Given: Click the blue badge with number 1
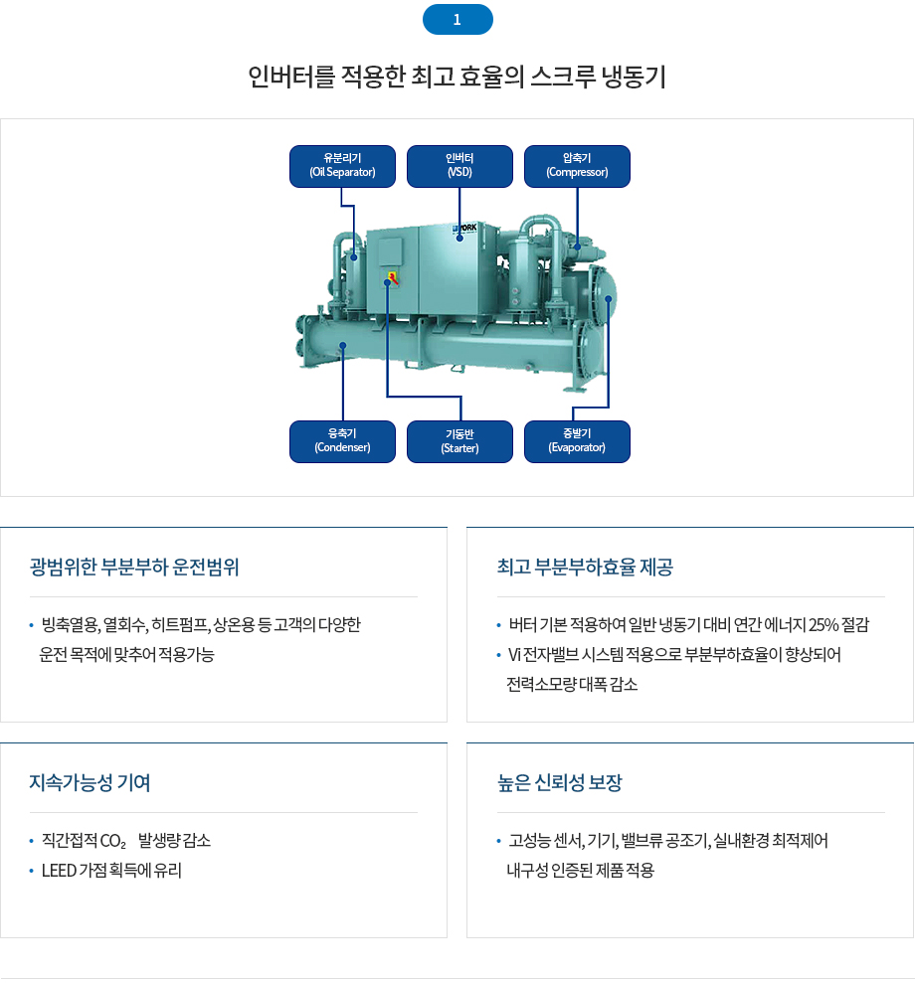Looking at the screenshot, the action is pyautogui.click(x=457, y=20).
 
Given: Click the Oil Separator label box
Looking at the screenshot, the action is pyautogui.click(x=342, y=166).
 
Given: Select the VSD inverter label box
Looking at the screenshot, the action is pyautogui.click(x=459, y=166).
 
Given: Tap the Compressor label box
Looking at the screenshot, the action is pyautogui.click(x=577, y=166).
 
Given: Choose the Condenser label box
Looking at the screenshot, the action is pyautogui.click(x=342, y=441).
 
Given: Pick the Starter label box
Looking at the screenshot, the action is pyautogui.click(x=459, y=441).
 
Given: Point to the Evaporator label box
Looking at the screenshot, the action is pyautogui.click(x=577, y=441).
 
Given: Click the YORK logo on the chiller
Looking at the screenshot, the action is pyautogui.click(x=465, y=229).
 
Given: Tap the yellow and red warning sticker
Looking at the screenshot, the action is pyautogui.click(x=393, y=277).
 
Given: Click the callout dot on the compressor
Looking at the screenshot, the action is pyautogui.click(x=578, y=246).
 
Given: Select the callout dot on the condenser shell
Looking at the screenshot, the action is pyautogui.click(x=343, y=346).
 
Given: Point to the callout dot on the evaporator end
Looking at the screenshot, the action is pyautogui.click(x=609, y=299).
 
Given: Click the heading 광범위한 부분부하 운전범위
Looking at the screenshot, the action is pyautogui.click(x=134, y=567).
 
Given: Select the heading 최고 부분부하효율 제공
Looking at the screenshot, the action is pyautogui.click(x=585, y=567).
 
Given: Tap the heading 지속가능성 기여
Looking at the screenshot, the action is pyautogui.click(x=90, y=782).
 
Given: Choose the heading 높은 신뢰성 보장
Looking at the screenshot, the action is pyautogui.click(x=559, y=782).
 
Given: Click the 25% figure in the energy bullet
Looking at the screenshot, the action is pyautogui.click(x=823, y=625).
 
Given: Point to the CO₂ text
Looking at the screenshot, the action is pyautogui.click(x=113, y=841).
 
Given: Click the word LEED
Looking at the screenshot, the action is pyautogui.click(x=59, y=870).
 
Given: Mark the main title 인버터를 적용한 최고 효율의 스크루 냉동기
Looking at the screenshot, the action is pyautogui.click(x=457, y=77).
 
